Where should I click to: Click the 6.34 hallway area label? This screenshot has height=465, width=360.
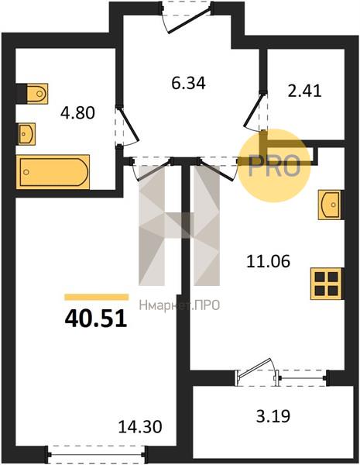pos(188,83)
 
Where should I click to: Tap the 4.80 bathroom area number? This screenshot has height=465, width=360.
pos(77,113)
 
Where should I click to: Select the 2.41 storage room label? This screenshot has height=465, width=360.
pos(304,91)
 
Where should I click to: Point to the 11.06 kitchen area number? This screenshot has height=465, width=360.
pos(268,262)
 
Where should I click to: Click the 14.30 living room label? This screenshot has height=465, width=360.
pos(140,427)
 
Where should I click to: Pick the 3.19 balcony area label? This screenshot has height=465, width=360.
pos(273,415)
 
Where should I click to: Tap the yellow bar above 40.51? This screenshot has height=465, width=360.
pos(97,297)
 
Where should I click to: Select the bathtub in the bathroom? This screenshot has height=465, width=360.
pos(53,172)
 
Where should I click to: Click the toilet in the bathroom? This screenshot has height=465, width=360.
pos(33,94)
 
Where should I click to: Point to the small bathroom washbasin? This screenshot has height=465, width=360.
pos(26,134)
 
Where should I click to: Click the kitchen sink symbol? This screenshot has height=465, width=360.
pos(331,205)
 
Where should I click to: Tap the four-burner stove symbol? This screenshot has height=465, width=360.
pos(327,284)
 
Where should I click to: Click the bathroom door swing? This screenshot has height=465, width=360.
pos(127,126)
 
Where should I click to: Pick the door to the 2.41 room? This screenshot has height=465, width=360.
pos(255,111)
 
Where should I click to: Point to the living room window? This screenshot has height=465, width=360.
pos(96,454)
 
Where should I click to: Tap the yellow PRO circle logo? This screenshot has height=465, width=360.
pos(274,166)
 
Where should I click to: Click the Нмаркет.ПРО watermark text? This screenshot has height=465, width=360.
pos(180,305)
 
